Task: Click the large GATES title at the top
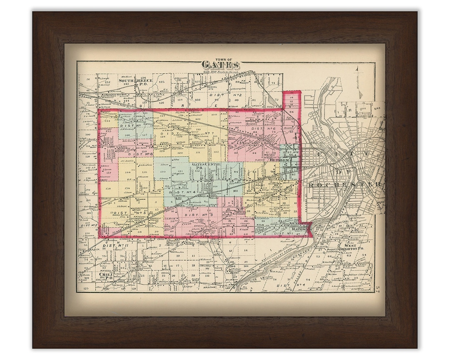pyautogui.click(x=221, y=65)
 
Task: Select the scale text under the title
pyautogui.click(x=221, y=72)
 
